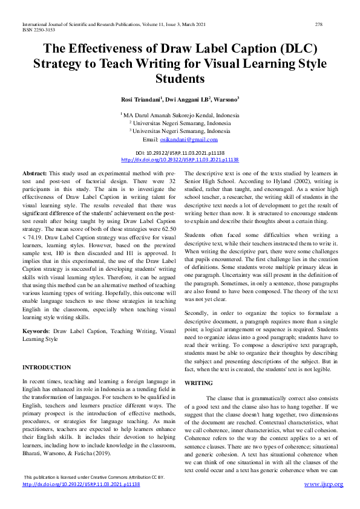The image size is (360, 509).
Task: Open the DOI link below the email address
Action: click(180, 160)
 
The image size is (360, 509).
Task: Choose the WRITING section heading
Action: click(198, 383)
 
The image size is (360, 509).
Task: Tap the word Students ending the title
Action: click(180, 79)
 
